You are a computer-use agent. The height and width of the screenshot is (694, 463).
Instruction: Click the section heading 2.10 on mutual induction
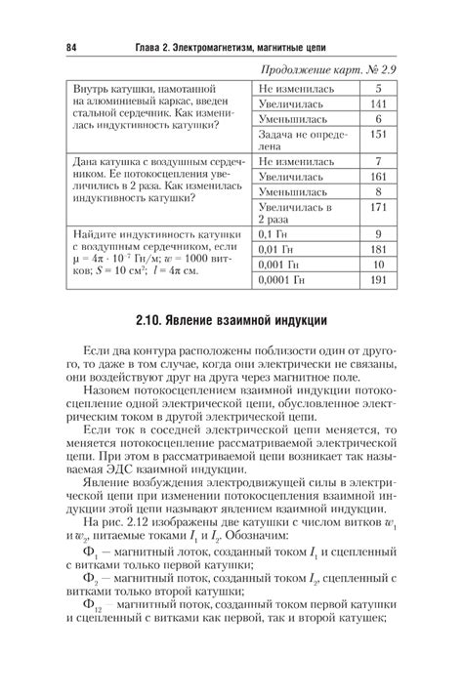pyautogui.click(x=231, y=320)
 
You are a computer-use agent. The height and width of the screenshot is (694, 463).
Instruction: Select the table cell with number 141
pyautogui.click(x=380, y=104)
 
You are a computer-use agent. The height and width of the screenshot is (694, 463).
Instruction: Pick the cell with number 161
pyautogui.click(x=380, y=177)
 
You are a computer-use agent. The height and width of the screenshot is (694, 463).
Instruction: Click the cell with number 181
pyautogui.click(x=380, y=250)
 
